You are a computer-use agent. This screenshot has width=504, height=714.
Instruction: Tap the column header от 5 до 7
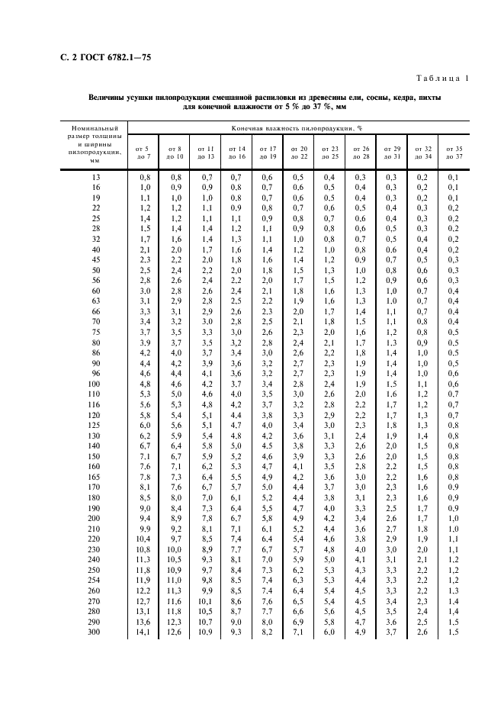[143, 152]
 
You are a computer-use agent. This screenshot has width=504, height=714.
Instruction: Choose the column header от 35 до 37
[454, 152]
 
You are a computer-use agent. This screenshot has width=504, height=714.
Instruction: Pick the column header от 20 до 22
[298, 152]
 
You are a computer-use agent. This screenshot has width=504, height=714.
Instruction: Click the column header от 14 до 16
[236, 152]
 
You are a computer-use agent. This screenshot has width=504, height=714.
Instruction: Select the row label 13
[95, 176]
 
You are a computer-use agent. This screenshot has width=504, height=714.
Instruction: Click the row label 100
[95, 384]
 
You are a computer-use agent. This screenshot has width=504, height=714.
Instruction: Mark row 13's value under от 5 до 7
[143, 176]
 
